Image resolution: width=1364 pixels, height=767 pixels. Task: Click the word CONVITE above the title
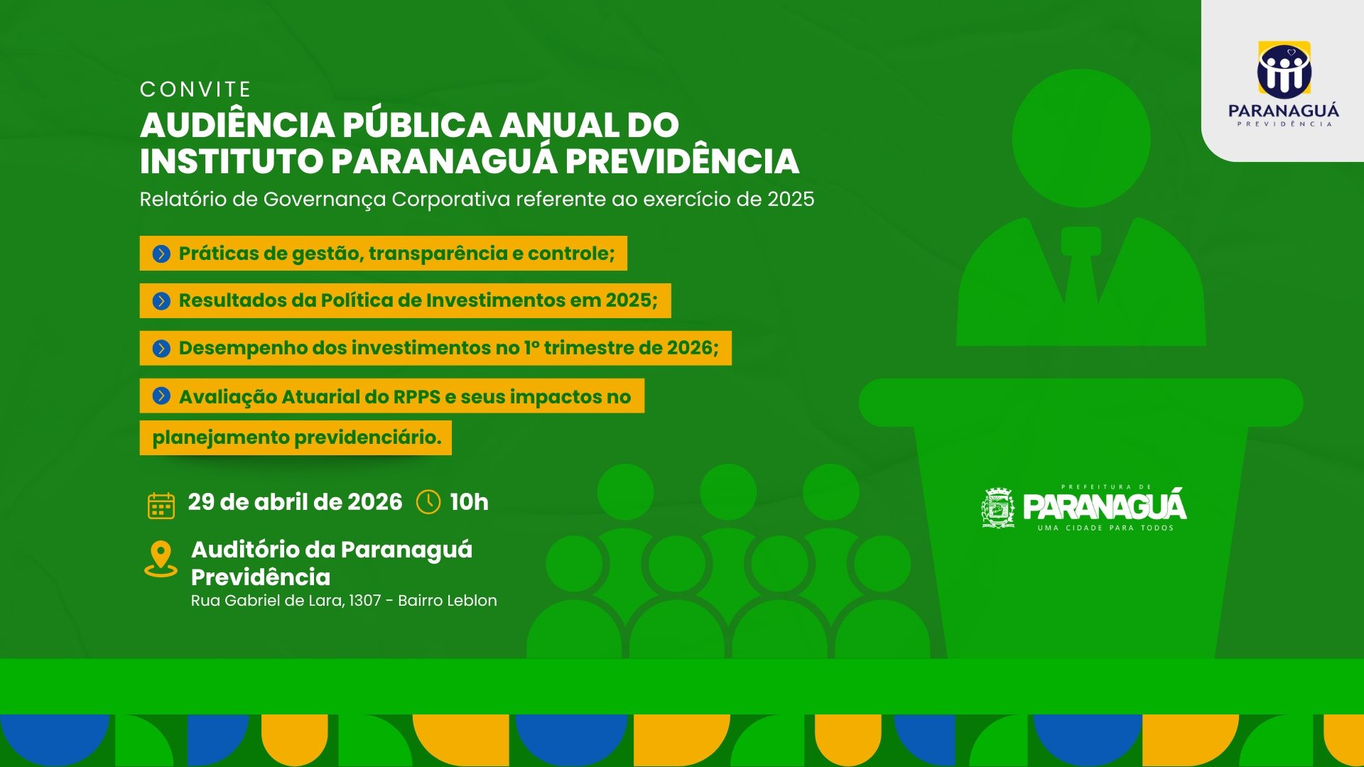pyautogui.click(x=195, y=89)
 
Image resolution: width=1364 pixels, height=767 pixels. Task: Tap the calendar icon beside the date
pyautogui.click(x=161, y=506)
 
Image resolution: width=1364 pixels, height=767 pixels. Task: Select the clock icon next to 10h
pyautogui.click(x=428, y=502)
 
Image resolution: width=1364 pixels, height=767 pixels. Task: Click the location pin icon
pyautogui.click(x=161, y=559)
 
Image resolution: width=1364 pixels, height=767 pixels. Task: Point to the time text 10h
pyautogui.click(x=470, y=502)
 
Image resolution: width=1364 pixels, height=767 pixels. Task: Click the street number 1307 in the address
pyautogui.click(x=365, y=601)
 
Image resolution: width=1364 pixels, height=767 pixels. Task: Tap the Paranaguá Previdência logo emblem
pyautogui.click(x=1284, y=70)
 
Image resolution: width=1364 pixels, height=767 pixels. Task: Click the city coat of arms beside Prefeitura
pyautogui.click(x=998, y=508)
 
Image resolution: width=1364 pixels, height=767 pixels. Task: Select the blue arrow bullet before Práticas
pyautogui.click(x=161, y=254)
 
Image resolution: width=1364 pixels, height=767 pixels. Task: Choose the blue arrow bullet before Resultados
pyautogui.click(x=161, y=301)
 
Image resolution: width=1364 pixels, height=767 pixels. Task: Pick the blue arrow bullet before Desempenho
pyautogui.click(x=161, y=349)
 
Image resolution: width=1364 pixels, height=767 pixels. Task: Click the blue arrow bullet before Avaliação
pyautogui.click(x=161, y=396)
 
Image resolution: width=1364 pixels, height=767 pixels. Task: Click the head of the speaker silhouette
pyautogui.click(x=1081, y=138)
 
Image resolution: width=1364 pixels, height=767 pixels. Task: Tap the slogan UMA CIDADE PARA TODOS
pyautogui.click(x=1105, y=528)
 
